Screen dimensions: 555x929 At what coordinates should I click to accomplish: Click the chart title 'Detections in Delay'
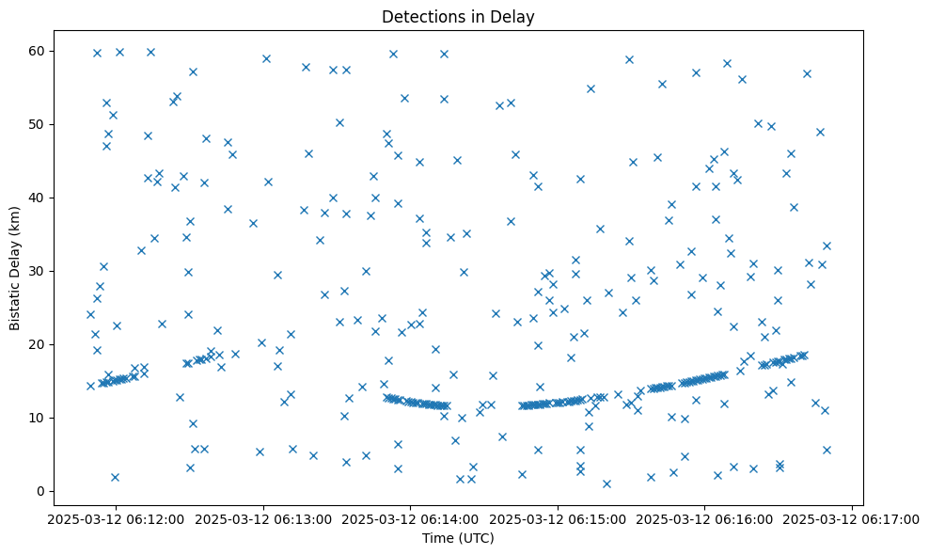click(458, 17)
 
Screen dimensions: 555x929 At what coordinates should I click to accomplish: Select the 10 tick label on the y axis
click(39, 418)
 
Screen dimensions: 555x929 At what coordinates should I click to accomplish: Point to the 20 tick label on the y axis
click(39, 344)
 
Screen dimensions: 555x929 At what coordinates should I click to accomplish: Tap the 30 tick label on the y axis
click(39, 271)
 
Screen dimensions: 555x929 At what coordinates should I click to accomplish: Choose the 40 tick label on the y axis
click(39, 198)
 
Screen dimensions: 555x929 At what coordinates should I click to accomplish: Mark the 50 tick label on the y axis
click(39, 124)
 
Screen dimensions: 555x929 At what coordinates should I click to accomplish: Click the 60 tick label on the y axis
click(39, 51)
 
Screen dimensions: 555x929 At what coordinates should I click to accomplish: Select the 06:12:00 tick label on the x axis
click(116, 517)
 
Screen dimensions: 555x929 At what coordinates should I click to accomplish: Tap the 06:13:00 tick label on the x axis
click(263, 517)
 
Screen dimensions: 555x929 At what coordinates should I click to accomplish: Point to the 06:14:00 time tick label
click(410, 517)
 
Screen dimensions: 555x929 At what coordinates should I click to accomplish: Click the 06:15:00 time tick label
click(558, 517)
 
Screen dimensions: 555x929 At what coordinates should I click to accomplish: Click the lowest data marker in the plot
click(606, 484)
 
